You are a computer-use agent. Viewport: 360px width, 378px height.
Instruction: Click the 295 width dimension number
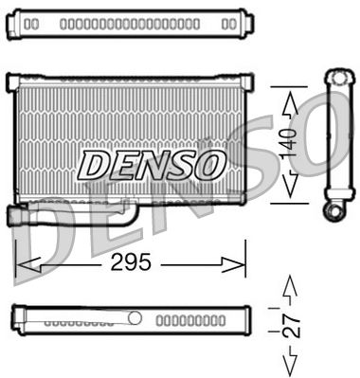131,263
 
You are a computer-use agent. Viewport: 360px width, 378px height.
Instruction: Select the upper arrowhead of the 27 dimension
291,285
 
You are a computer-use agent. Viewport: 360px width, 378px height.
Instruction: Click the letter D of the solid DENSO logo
96,165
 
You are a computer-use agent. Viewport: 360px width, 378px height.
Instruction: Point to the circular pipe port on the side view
333,210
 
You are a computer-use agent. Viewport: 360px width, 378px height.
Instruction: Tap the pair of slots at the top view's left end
31,22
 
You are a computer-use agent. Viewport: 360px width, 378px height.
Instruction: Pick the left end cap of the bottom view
16,318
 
